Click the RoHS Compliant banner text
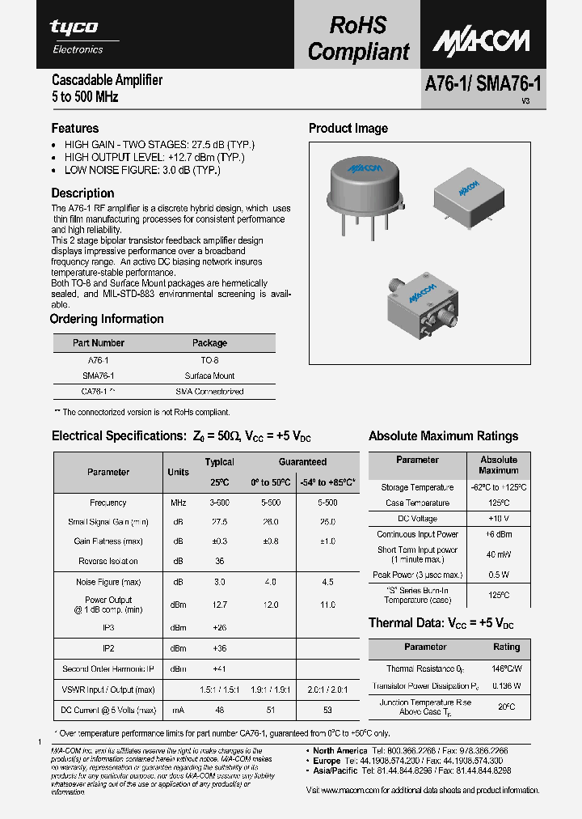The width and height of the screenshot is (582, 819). [358, 38]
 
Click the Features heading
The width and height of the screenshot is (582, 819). [75, 128]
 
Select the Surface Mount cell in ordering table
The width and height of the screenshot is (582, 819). [209, 376]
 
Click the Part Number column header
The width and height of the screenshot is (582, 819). [99, 343]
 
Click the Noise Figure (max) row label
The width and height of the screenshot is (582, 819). [108, 582]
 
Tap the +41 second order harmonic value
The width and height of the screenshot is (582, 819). [219, 668]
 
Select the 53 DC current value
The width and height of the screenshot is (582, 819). [327, 710]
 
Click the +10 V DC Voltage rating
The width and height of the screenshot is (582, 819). [498, 518]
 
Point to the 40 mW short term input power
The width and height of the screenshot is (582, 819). [498, 554]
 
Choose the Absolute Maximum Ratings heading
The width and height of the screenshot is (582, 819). [443, 436]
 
